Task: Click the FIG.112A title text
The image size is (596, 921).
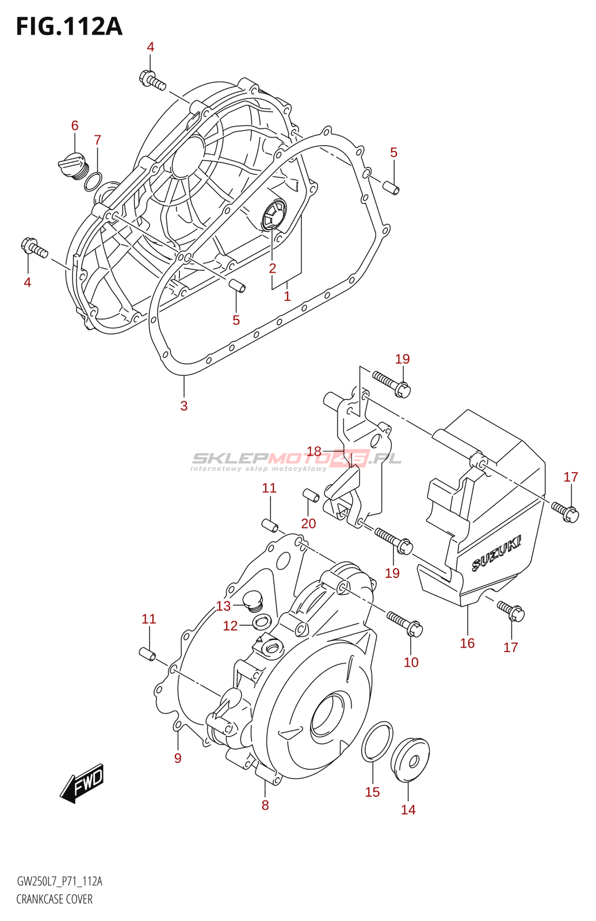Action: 69,26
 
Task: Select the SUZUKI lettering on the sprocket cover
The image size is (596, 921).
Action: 496,554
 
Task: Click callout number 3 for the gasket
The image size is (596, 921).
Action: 184,406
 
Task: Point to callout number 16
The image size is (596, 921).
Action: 467,643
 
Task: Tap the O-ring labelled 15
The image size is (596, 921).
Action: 377,741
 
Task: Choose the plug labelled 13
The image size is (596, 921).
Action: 252,602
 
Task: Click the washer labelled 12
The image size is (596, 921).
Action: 262,621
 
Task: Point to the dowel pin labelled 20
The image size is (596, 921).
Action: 311,495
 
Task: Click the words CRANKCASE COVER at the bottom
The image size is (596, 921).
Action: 54,899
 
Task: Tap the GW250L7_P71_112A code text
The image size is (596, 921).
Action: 59,881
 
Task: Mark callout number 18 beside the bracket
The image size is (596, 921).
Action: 314,451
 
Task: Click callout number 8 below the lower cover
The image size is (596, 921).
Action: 265,805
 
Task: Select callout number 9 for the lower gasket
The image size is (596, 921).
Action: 178,758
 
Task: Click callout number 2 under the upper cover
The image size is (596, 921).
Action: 272,268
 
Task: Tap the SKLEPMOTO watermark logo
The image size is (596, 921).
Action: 296,460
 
